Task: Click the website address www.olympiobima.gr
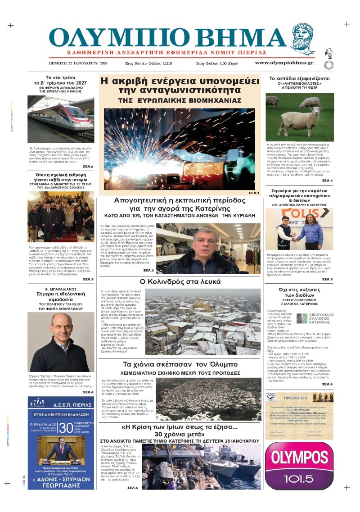coord(284,63)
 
